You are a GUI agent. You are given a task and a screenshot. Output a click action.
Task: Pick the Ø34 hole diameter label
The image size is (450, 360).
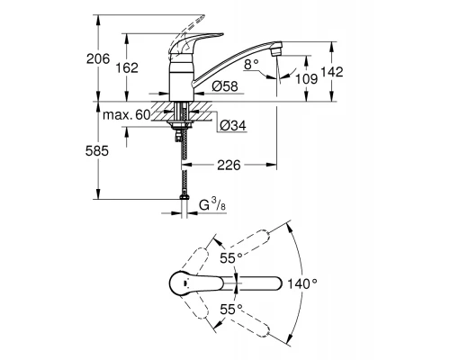(x=230, y=123)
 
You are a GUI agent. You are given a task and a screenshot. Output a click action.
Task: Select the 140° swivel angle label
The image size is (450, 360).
(x=302, y=283)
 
